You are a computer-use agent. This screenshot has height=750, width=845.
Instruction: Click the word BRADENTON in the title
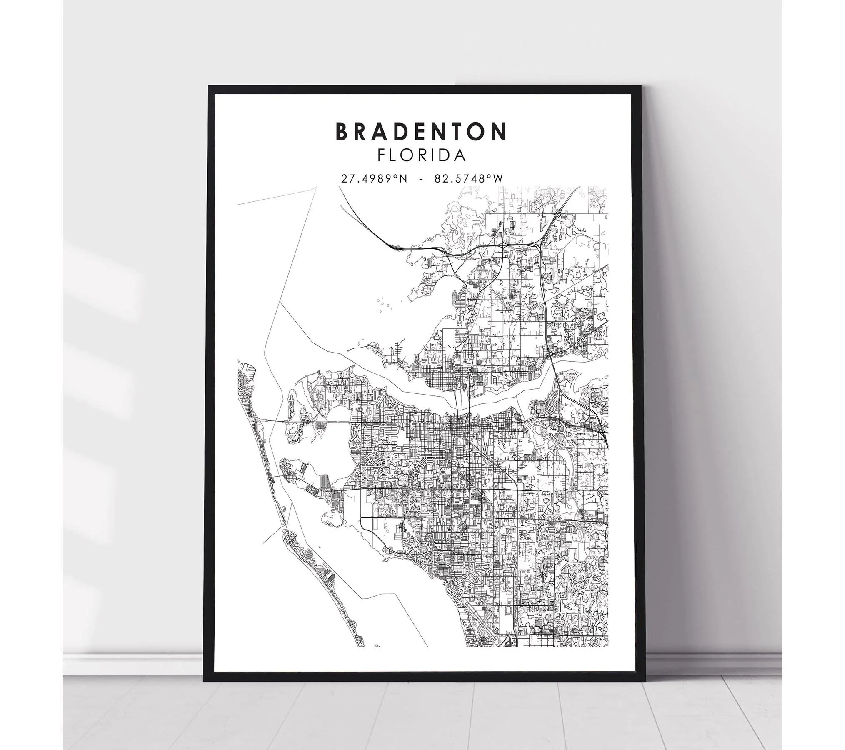click(x=421, y=131)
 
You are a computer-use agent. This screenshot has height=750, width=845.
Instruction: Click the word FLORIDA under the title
click(x=421, y=155)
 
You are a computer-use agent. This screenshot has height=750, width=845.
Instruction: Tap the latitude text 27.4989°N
click(x=374, y=179)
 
